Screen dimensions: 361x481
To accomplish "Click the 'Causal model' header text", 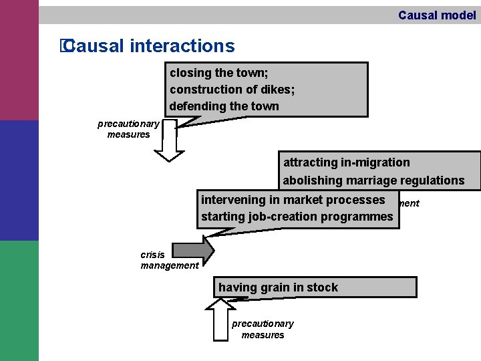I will (437, 15).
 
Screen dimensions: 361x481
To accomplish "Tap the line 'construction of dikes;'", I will (232, 89).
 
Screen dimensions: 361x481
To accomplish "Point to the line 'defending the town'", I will (224, 106).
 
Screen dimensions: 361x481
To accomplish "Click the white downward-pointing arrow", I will (172, 143).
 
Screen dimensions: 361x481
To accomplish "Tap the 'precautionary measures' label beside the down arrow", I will (128, 129).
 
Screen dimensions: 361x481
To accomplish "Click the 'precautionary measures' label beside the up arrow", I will (263, 329).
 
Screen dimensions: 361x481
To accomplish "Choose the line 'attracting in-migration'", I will (346, 162).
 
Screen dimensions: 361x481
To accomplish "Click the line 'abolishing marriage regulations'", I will (373, 180).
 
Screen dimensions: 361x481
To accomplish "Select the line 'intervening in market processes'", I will (293, 200).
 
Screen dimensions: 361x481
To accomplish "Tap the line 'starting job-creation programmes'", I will (297, 217).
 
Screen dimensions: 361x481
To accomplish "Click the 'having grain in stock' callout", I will (278, 287).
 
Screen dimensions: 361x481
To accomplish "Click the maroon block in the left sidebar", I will (19, 60).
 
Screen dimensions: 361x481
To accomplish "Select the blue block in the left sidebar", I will (19, 180).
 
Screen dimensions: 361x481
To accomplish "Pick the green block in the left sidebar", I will (19, 301).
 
